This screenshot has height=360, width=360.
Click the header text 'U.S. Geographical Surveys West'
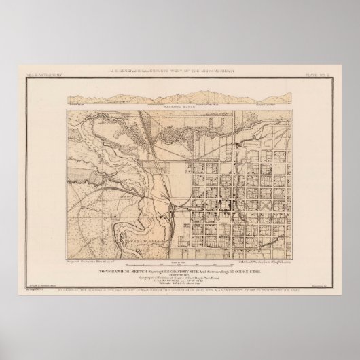tap(179, 70)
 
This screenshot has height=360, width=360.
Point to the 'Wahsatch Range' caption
tap(179, 94)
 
